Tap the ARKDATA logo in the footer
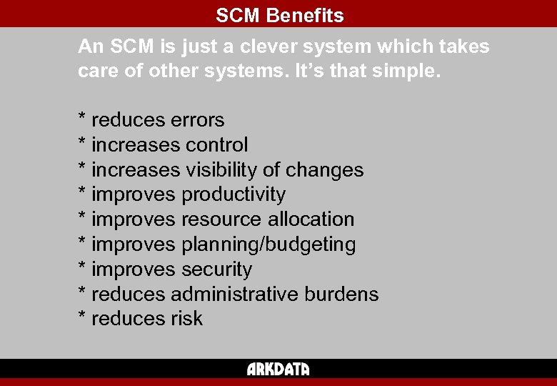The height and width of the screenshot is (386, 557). pos(278,369)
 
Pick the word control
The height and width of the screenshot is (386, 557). pos(217,145)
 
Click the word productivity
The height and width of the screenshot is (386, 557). pos(234,194)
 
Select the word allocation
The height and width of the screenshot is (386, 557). pos(311,219)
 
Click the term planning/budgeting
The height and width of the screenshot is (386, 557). pos(269,244)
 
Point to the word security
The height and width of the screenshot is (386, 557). pos(217,269)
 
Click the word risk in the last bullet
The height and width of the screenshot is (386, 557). pos(187,319)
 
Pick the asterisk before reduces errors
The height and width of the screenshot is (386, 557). pos(82,118)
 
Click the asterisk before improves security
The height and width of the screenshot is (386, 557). pos(82,267)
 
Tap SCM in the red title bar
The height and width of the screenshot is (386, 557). pos(237,15)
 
